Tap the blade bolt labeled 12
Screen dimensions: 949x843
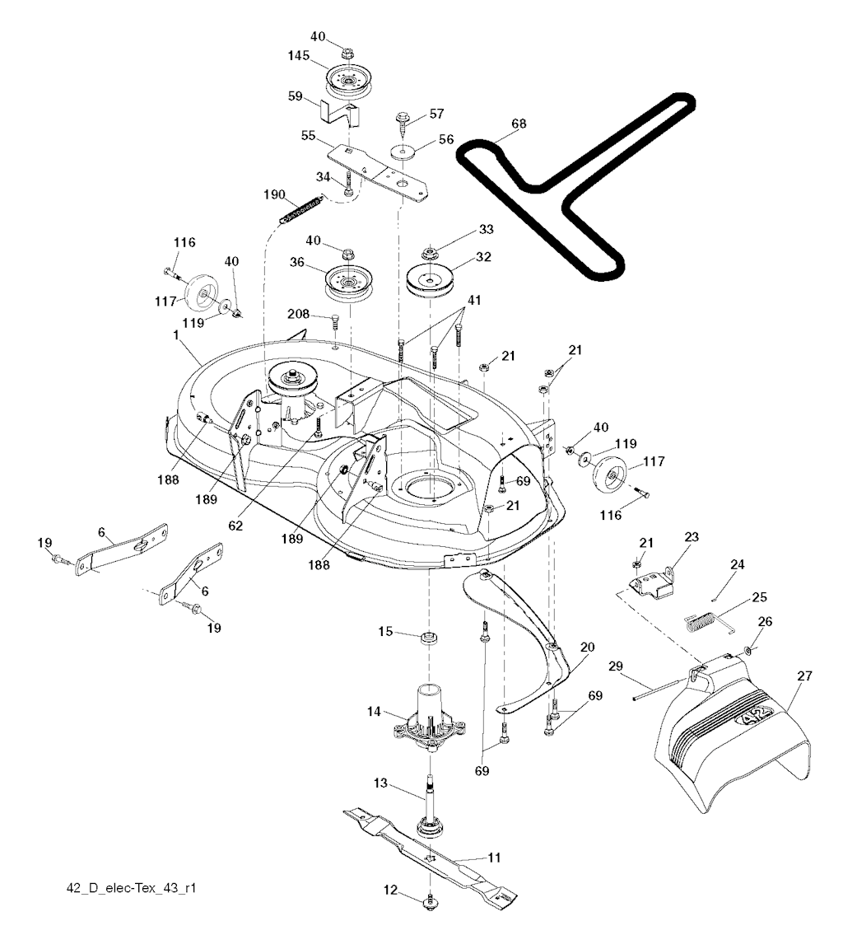point(430,904)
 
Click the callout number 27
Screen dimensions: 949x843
point(804,676)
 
